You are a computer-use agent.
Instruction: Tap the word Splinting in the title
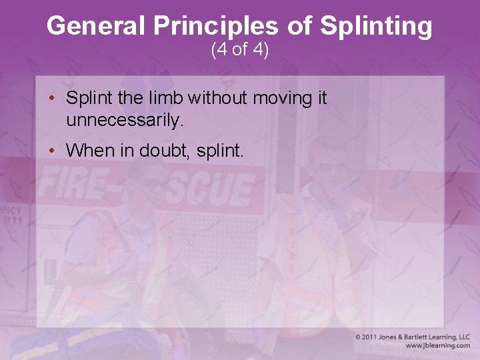376,27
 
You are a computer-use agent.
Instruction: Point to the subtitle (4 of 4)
240,50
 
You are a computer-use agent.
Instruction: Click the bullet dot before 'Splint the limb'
51,99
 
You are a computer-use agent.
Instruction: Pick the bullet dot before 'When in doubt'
51,151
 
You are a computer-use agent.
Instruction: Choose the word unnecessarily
124,121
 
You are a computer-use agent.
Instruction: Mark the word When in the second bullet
91,151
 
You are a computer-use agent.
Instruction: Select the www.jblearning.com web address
437,345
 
